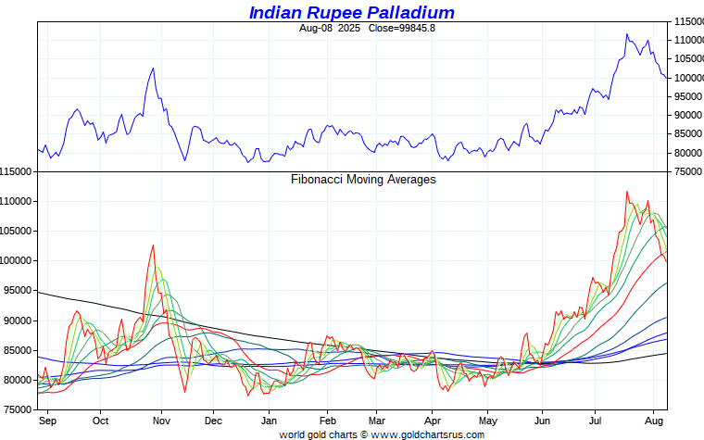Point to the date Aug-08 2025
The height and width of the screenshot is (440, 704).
point(329,28)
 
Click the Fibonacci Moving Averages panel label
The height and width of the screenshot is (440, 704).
point(363,180)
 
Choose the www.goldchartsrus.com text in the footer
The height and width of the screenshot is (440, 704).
point(427,434)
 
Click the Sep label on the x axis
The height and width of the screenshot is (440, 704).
point(48,421)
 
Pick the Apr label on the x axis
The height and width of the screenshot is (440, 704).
point(433,421)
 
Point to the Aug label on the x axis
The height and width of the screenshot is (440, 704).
point(653,421)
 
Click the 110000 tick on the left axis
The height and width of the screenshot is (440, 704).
point(17,202)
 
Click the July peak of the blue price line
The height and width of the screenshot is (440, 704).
point(627,34)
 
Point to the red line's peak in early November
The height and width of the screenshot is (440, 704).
point(152,245)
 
